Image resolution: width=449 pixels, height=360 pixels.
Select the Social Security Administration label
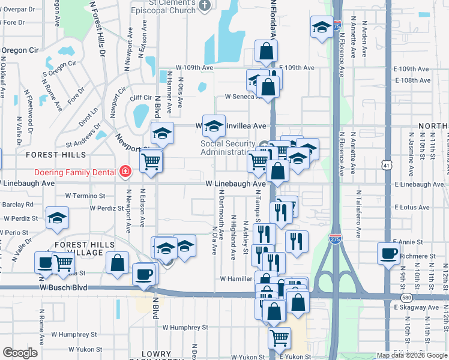pos(228,148)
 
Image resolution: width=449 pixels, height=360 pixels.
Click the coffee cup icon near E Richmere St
pos(388,253)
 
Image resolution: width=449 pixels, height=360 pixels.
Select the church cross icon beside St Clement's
pos(204,5)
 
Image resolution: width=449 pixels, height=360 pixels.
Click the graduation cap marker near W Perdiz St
pos(58,217)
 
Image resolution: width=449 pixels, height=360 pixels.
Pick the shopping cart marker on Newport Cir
pos(151,160)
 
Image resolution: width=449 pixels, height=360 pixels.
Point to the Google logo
pos(20,353)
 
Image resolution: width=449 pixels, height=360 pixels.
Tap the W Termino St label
pos(85,196)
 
